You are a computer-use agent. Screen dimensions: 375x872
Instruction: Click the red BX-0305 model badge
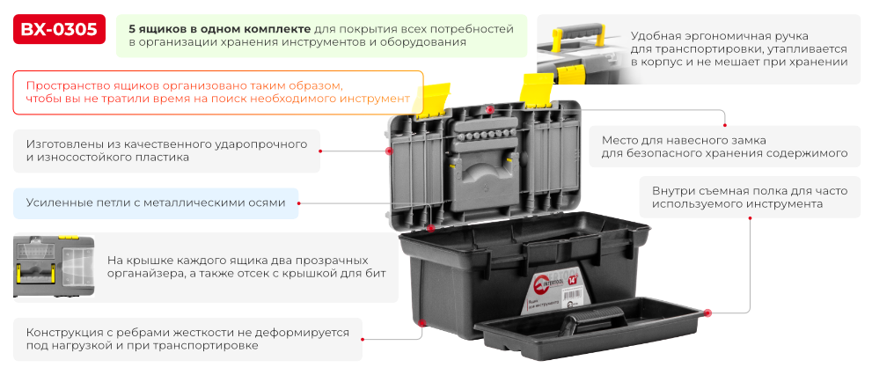pyautogui.click(x=59, y=30)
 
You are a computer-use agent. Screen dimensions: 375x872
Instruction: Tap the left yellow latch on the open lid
pyautogui.click(x=431, y=100)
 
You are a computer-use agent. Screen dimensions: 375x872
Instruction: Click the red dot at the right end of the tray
pyautogui.click(x=707, y=311)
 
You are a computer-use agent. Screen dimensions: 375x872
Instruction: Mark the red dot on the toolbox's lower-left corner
pyautogui.click(x=422, y=324)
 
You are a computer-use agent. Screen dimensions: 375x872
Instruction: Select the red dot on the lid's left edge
pyautogui.click(x=389, y=151)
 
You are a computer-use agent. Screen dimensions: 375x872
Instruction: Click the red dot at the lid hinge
pyautogui.click(x=430, y=228)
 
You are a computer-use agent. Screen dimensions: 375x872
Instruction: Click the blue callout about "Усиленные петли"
pyautogui.click(x=156, y=202)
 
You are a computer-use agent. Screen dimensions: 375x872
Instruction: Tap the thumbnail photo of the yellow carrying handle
pyautogui.click(x=578, y=50)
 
